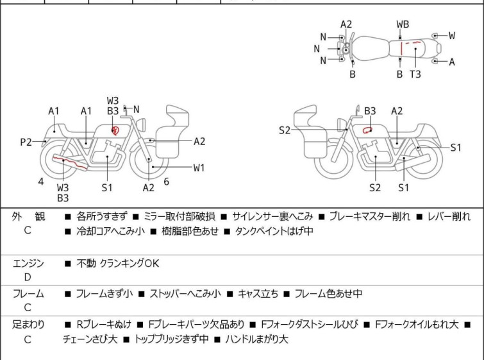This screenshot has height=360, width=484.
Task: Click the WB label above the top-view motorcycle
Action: (x=403, y=24)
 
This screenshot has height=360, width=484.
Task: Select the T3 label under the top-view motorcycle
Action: (x=415, y=74)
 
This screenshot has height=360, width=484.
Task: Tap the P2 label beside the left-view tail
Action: (x=26, y=142)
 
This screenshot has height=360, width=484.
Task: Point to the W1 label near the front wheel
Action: (x=199, y=168)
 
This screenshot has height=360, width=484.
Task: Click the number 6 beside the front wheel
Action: (x=166, y=182)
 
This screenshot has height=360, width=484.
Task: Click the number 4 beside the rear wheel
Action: (x=41, y=182)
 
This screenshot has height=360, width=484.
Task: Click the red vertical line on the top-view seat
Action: (x=401, y=48)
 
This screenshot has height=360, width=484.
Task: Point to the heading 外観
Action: (x=28, y=217)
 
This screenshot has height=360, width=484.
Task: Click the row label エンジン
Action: (x=28, y=263)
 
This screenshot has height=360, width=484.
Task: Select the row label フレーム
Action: (x=28, y=294)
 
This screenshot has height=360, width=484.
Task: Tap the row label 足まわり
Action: (x=28, y=325)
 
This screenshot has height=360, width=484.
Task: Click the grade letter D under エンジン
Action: (x=28, y=277)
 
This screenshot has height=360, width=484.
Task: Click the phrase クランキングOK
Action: (x=130, y=263)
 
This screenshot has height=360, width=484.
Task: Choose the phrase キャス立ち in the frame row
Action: (x=258, y=294)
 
